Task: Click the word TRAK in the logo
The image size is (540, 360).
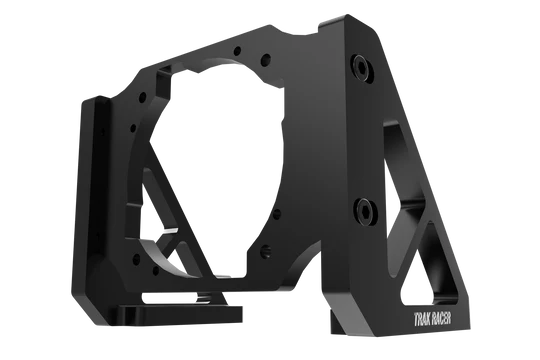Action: click(x=421, y=319)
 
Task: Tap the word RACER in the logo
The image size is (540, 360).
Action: click(x=441, y=319)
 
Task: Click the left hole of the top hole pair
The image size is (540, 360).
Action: click(x=237, y=51)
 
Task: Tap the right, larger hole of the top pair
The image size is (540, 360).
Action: click(x=265, y=60)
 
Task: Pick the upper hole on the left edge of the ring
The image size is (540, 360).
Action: click(x=142, y=98)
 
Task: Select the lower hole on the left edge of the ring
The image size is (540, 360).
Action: click(x=133, y=129)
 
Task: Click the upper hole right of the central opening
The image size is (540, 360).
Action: click(x=277, y=214)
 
